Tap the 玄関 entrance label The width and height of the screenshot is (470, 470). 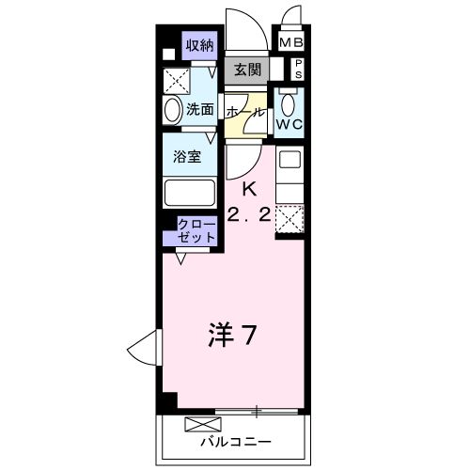point(248,70)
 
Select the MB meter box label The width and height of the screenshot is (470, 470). point(291,42)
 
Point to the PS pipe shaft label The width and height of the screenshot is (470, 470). point(299,69)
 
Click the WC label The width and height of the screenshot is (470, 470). point(288,122)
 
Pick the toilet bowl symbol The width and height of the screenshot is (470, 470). point(288,100)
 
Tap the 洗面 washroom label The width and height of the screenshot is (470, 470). point(200,109)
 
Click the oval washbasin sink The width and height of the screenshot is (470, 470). point(173,111)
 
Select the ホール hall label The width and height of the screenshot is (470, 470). point(243,110)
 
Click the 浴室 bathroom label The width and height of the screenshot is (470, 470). point(188,157)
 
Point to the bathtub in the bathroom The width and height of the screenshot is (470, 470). point(192,192)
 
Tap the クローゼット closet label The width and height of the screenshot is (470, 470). point(197,231)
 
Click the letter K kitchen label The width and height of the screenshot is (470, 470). point(249,188)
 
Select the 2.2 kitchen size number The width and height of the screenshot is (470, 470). point(249,214)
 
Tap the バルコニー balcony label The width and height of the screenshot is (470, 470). point(235,440)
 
